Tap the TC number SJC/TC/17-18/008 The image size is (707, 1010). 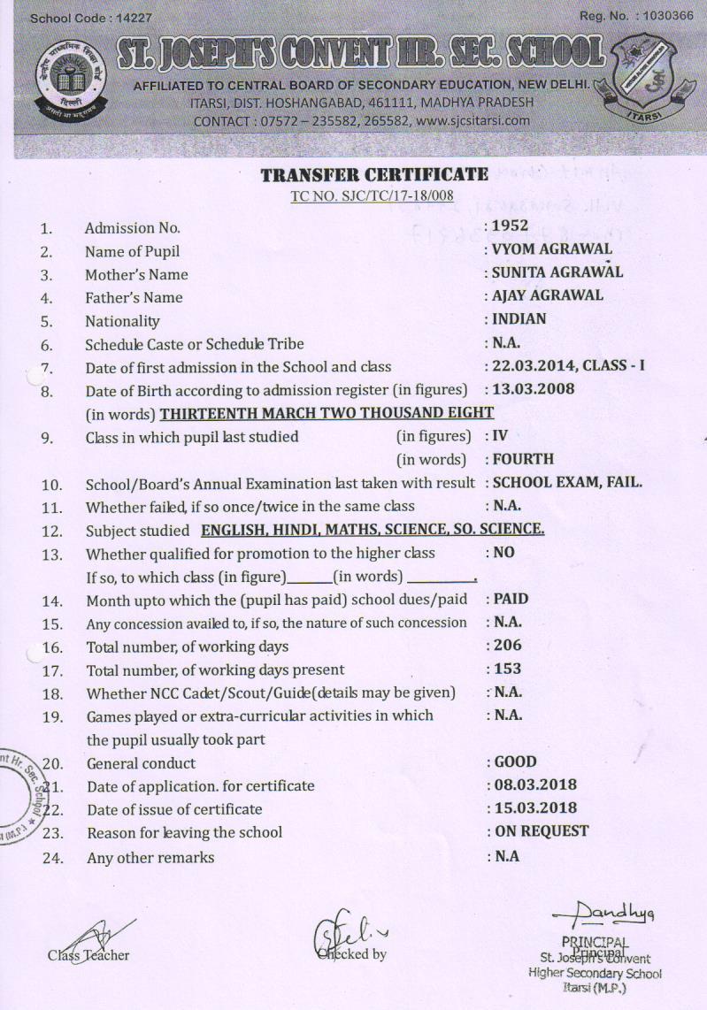point(372,195)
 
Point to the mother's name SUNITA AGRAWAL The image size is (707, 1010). point(557,272)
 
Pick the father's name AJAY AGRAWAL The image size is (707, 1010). point(548,295)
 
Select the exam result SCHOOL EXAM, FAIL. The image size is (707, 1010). point(567,483)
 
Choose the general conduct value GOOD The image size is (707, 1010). point(515,761)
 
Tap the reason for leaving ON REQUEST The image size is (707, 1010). point(541,831)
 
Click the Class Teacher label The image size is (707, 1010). point(88,955)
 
